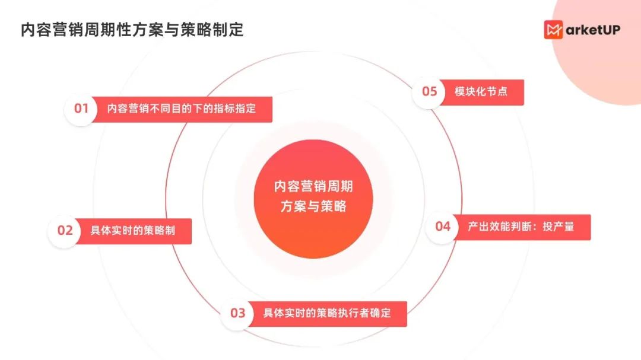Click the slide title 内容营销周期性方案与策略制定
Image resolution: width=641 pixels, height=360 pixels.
coord(132,30)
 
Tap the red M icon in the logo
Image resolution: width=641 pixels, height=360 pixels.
coord(553,30)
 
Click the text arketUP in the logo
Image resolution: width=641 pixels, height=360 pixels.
coord(592,30)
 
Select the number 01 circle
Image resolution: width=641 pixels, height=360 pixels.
coord(81,109)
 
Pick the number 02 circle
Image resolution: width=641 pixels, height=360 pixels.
coord(65,230)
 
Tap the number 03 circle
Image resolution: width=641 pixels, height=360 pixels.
coord(237,313)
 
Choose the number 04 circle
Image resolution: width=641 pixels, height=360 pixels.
coord(443,226)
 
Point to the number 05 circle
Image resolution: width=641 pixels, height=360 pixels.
coord(429,91)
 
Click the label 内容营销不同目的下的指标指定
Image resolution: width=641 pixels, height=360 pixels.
coord(181,109)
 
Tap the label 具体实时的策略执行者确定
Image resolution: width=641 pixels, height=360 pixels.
coord(327,313)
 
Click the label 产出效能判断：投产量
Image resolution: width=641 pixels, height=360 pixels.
coord(521,226)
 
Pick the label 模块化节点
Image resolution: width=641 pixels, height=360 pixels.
coord(481,92)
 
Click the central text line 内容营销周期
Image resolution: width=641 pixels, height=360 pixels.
coord(313,186)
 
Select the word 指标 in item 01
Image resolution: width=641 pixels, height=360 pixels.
coord(223,109)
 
